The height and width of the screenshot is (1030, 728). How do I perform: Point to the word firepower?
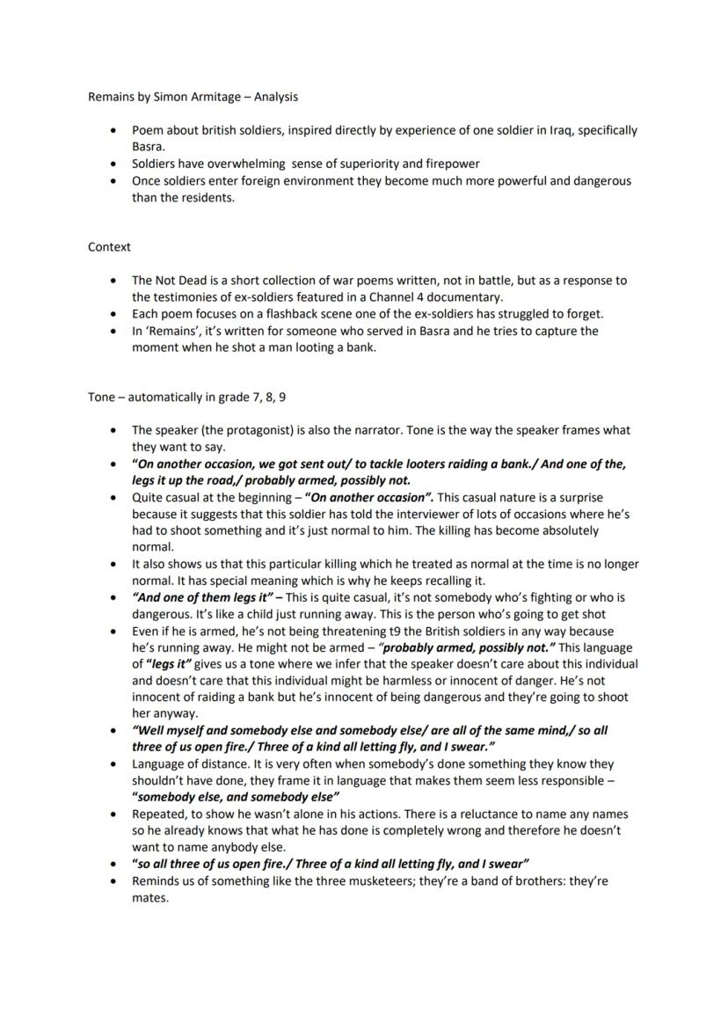[453, 164]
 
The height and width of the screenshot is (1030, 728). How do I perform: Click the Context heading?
[109, 247]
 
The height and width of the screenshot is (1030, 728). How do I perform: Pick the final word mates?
[149, 898]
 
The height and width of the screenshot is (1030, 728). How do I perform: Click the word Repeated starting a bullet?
[159, 815]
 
